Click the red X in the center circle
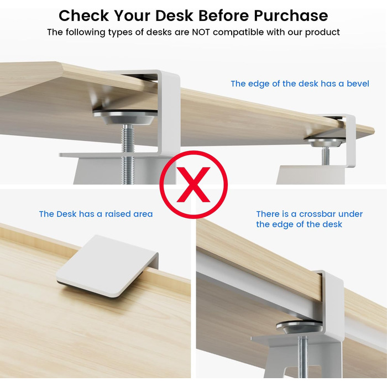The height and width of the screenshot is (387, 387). click(193, 185)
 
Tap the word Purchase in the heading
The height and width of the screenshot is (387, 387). click(291, 15)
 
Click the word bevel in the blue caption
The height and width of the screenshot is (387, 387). click(358, 83)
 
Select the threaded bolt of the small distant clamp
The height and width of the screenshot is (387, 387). click(326, 156)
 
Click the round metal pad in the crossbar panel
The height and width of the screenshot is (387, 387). click(300, 327)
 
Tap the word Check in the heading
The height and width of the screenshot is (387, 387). click(83, 15)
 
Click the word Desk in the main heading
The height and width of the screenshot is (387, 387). click(174, 15)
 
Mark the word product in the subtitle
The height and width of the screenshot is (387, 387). click(322, 33)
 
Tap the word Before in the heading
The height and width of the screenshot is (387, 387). click(223, 15)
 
